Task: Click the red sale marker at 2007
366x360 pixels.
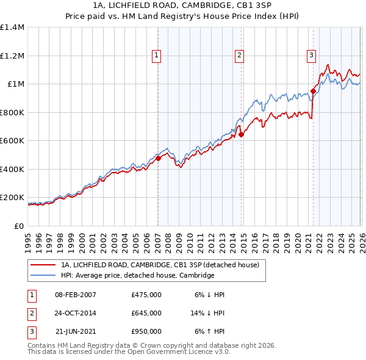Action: click(158, 158)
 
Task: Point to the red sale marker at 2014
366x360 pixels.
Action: click(242, 134)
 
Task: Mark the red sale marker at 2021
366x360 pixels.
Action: click(313, 91)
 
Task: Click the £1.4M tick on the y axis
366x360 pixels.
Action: click(12, 27)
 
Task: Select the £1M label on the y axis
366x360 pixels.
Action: click(15, 84)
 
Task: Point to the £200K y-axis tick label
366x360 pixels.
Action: click(12, 198)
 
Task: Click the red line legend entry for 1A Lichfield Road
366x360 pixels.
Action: click(160, 265)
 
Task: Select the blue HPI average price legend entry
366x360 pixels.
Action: click(137, 275)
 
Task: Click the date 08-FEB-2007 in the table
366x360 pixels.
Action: click(76, 295)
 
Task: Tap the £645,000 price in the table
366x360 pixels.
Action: click(146, 313)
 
